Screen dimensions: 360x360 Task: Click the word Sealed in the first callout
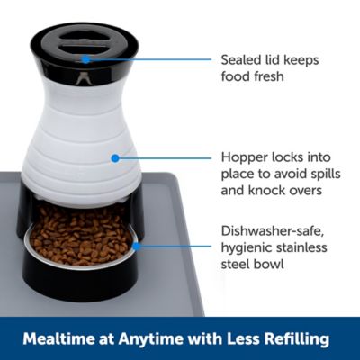coord(239,59)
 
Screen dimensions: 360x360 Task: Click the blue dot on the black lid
coord(86,59)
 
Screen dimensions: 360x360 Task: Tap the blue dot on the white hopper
coord(114,158)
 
